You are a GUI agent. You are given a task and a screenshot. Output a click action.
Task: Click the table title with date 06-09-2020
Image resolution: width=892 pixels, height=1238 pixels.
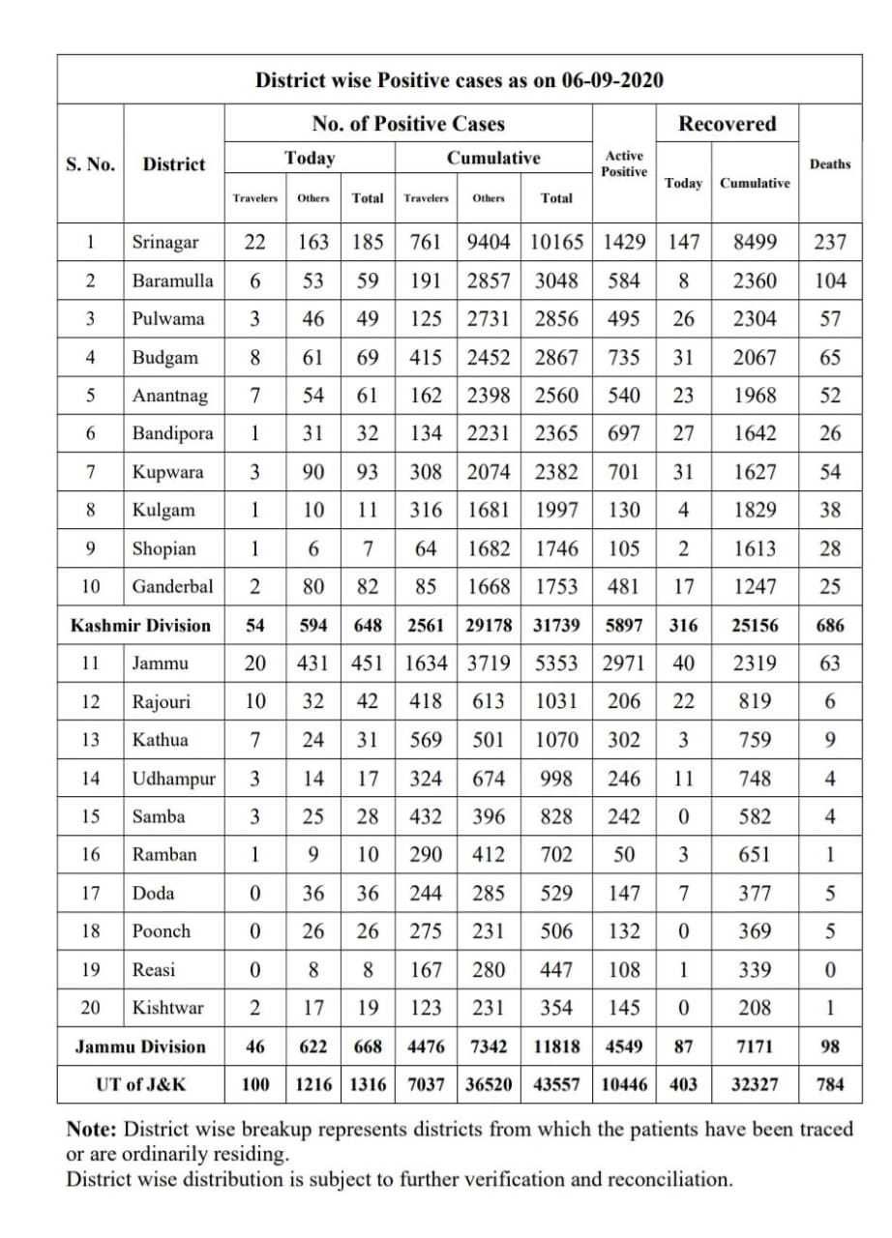[459, 80]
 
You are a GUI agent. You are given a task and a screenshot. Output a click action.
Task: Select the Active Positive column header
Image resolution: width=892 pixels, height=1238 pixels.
[624, 162]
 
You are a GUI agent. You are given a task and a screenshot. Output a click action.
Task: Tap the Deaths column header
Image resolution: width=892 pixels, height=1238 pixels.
[830, 163]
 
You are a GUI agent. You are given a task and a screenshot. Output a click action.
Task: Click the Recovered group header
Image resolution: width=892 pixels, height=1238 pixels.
[727, 124]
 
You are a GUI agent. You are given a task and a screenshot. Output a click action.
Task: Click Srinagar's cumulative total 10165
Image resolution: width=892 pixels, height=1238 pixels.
[556, 242]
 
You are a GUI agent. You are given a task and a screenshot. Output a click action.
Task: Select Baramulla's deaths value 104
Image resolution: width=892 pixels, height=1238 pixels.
[830, 280]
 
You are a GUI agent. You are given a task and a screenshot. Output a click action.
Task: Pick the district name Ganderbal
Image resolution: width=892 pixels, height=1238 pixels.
[172, 586]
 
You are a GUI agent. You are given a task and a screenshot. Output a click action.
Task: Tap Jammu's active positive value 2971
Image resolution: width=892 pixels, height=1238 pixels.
[624, 663]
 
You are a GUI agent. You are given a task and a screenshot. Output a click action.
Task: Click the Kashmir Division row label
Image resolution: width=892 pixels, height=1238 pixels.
[140, 625]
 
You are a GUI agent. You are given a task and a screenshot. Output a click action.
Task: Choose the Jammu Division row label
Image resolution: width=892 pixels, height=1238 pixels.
[140, 1046]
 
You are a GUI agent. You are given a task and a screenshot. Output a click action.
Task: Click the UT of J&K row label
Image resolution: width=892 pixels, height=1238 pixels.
[140, 1085]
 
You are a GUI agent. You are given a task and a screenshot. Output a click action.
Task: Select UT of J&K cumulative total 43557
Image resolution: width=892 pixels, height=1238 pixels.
[556, 1085]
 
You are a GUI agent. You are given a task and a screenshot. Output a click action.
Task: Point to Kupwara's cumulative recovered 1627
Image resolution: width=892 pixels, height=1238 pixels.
[755, 472]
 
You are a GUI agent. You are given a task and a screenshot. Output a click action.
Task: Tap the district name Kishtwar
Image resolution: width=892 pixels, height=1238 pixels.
[168, 1008]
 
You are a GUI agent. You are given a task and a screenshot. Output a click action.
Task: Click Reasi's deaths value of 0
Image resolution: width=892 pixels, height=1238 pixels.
[830, 969]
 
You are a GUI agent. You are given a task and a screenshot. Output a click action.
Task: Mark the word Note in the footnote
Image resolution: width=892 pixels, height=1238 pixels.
[92, 1129]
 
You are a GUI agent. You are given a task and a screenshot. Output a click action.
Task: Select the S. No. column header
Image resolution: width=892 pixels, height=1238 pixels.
[90, 163]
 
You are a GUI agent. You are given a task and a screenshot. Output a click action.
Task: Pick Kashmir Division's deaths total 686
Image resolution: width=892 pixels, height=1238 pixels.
[830, 625]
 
